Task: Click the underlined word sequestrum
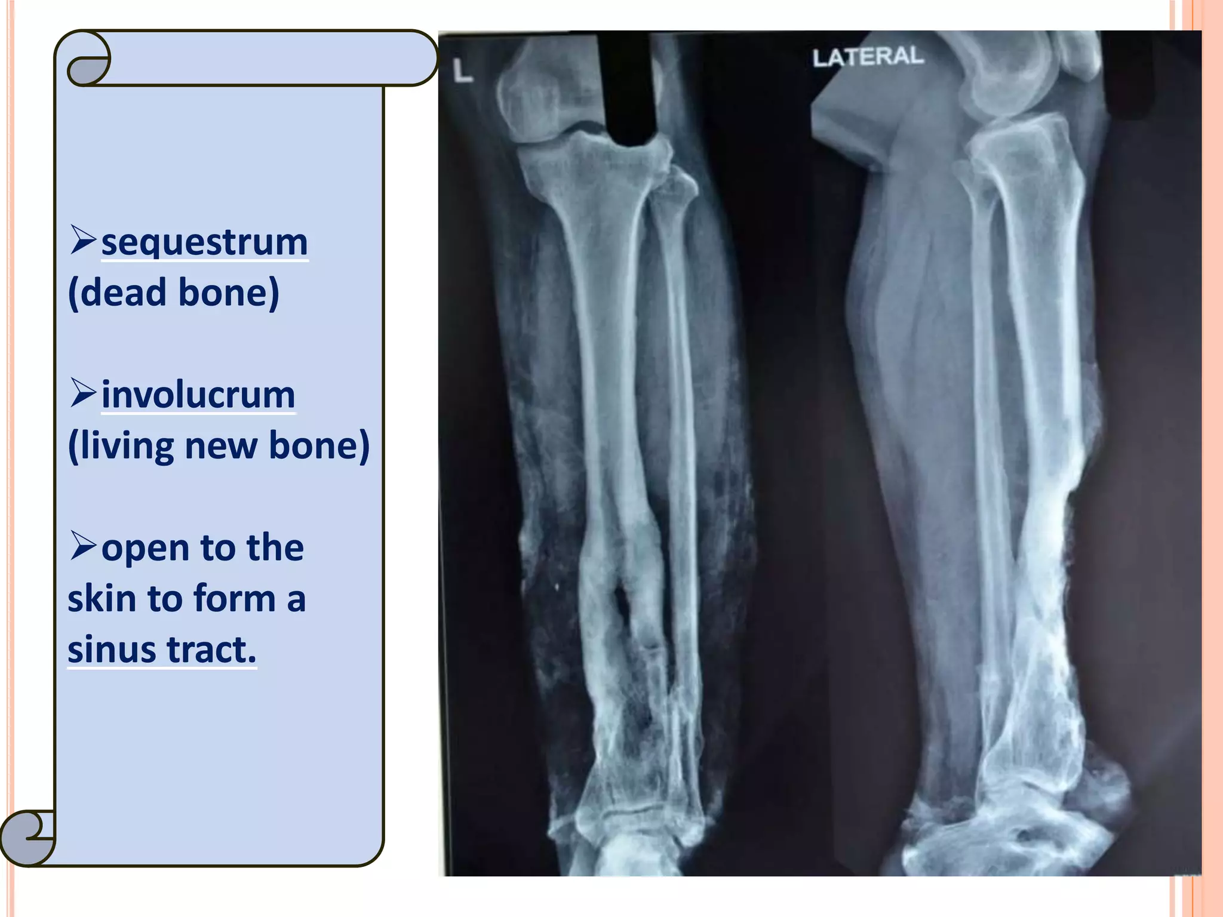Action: [x=204, y=243]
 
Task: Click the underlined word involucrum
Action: [x=198, y=395]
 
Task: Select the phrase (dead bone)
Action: [x=174, y=293]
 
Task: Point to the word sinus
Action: [x=111, y=650]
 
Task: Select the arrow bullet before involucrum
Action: [x=83, y=392]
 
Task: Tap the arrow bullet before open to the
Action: [x=83, y=545]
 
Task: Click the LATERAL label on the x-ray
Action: [x=868, y=57]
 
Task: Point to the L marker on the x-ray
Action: [x=462, y=72]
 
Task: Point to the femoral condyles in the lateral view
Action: [x=1009, y=78]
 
